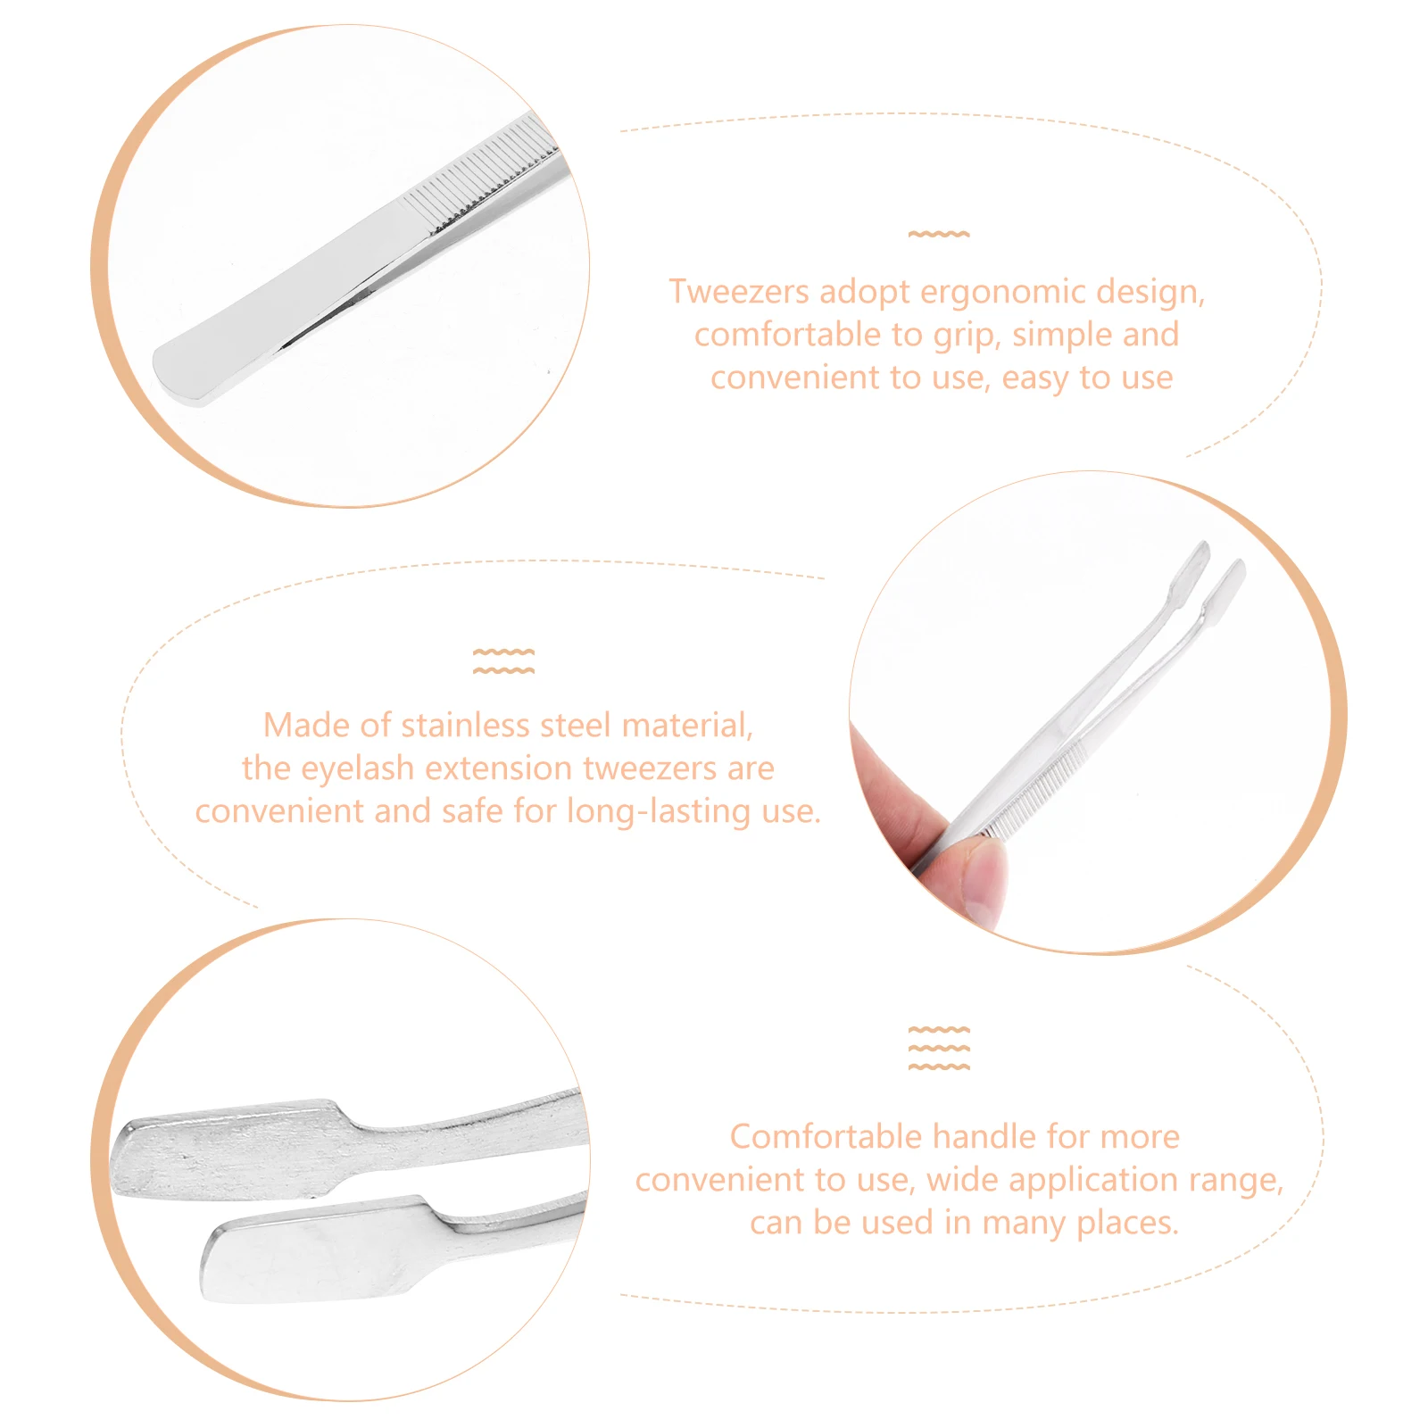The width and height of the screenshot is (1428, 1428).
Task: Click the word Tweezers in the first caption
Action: (x=738, y=292)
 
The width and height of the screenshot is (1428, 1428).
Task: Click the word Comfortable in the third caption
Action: (x=825, y=1137)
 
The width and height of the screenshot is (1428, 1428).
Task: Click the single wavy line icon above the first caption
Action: (x=938, y=234)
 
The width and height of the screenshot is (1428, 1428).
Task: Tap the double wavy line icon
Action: (x=503, y=661)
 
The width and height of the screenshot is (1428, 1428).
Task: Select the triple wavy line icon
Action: (x=938, y=1048)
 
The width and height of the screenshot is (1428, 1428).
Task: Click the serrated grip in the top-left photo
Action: (x=482, y=178)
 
